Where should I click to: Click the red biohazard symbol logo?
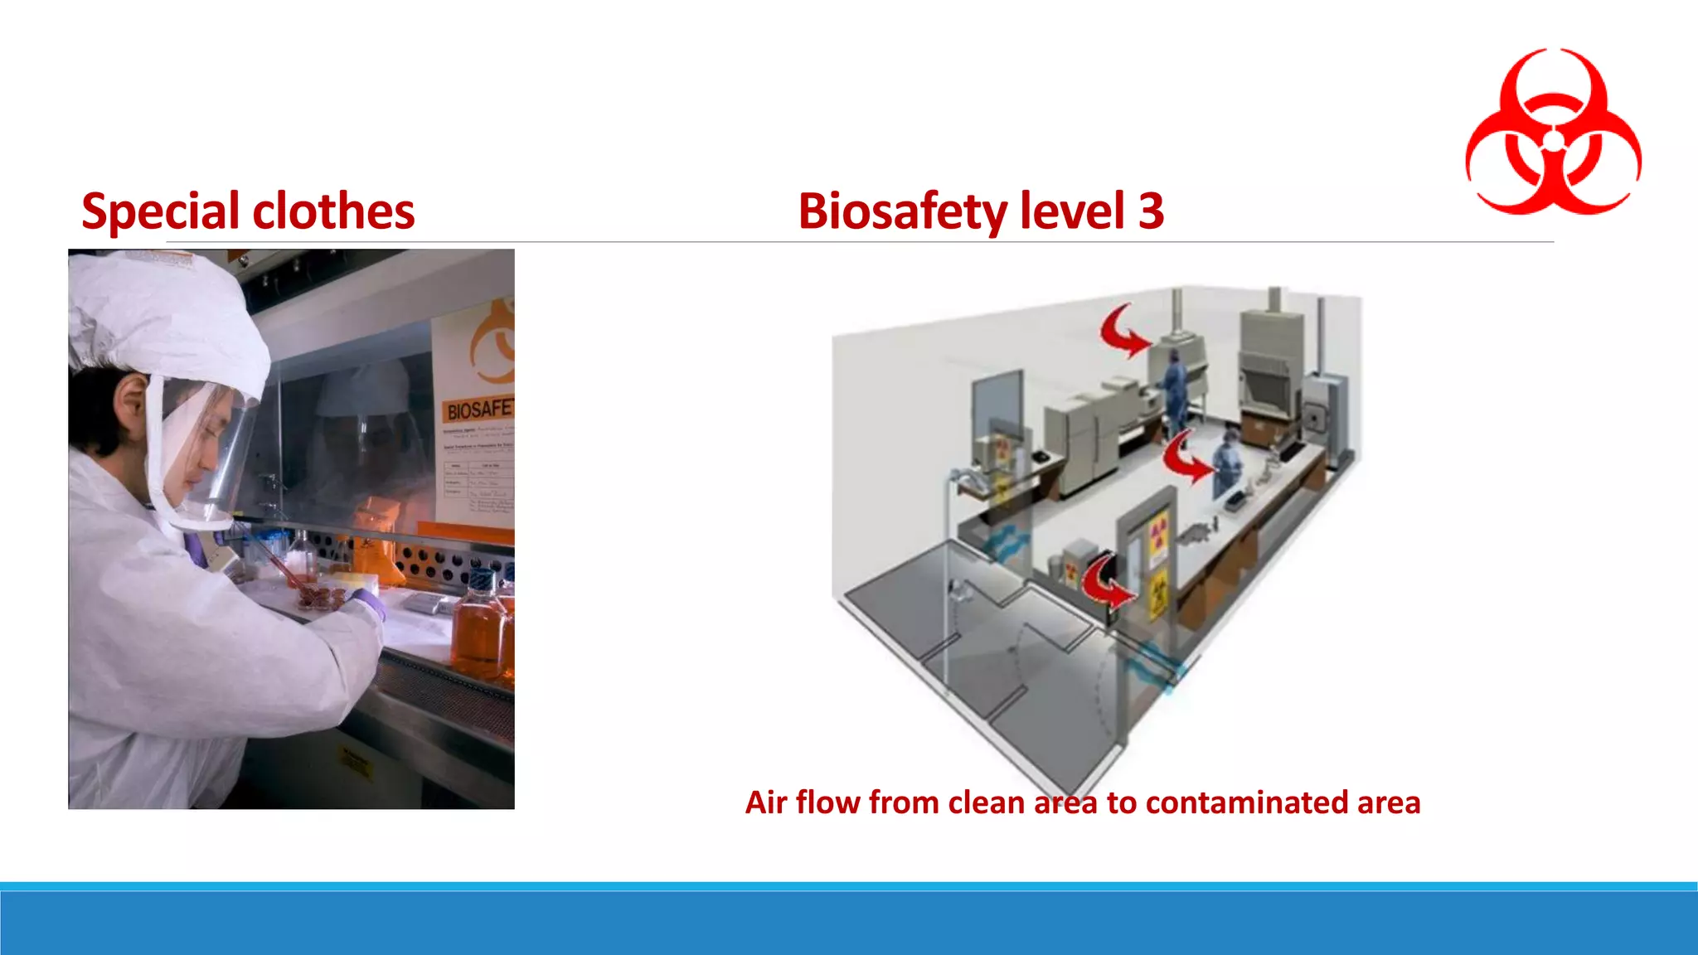(x=1553, y=133)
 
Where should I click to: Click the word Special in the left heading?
(x=160, y=211)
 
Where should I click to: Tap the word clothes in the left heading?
(x=333, y=211)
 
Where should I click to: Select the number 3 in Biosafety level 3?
(x=1151, y=211)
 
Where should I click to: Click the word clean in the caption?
(x=987, y=802)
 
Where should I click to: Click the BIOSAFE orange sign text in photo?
(x=479, y=410)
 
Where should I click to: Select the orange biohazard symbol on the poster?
(x=494, y=341)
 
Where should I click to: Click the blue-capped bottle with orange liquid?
(x=478, y=622)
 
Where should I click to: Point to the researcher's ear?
(x=130, y=400)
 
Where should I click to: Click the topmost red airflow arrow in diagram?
(x=1123, y=331)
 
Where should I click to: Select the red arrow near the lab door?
(x=1107, y=580)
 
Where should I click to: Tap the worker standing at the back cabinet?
(x=1174, y=386)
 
